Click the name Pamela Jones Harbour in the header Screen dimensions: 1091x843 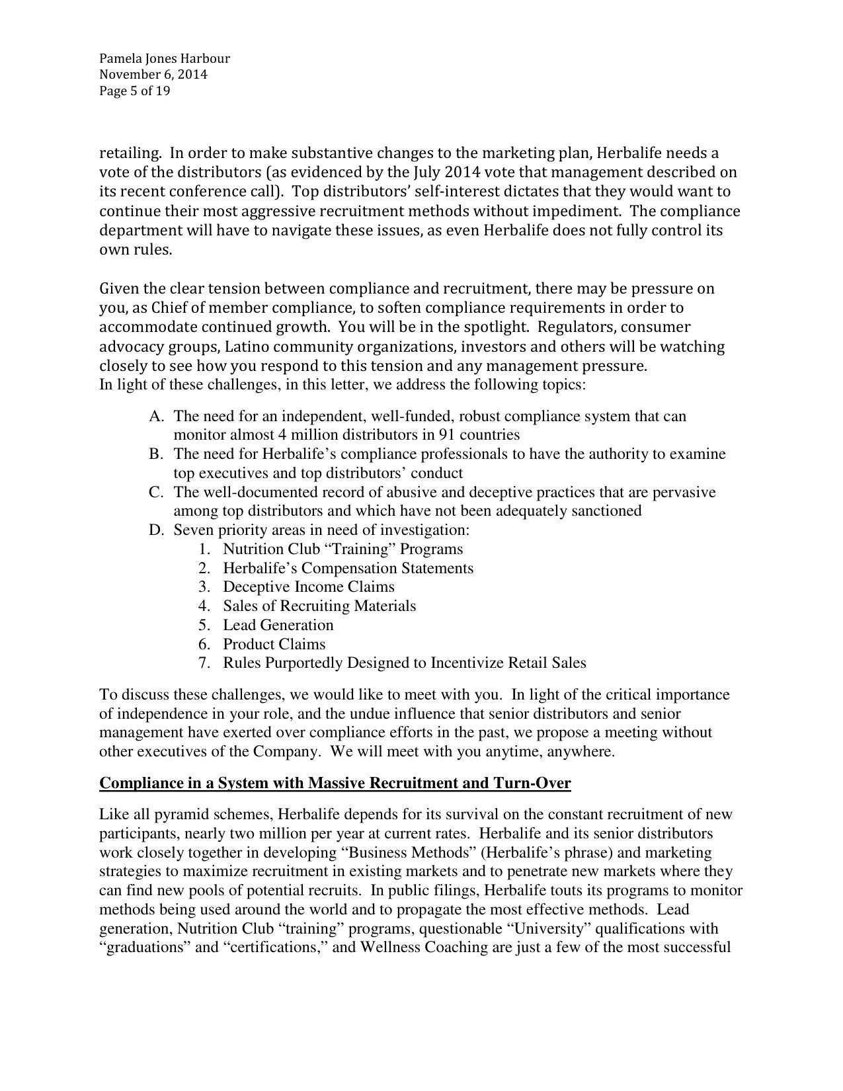click(x=164, y=58)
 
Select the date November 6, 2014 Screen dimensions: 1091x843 click(x=153, y=75)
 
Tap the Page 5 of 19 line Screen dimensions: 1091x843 click(x=134, y=91)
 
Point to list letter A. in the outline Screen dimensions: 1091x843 click(x=156, y=417)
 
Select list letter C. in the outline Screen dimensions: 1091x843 click(x=156, y=493)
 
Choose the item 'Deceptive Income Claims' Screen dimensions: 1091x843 click(x=308, y=587)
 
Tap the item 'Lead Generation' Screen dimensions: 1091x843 click(x=278, y=626)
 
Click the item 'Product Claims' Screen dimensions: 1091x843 click(x=274, y=644)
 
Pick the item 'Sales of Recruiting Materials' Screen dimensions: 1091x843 click(x=319, y=606)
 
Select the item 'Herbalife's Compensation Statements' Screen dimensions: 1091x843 click(x=348, y=569)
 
